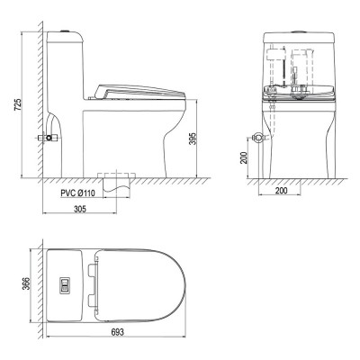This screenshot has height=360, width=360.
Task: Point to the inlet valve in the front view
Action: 256,139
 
